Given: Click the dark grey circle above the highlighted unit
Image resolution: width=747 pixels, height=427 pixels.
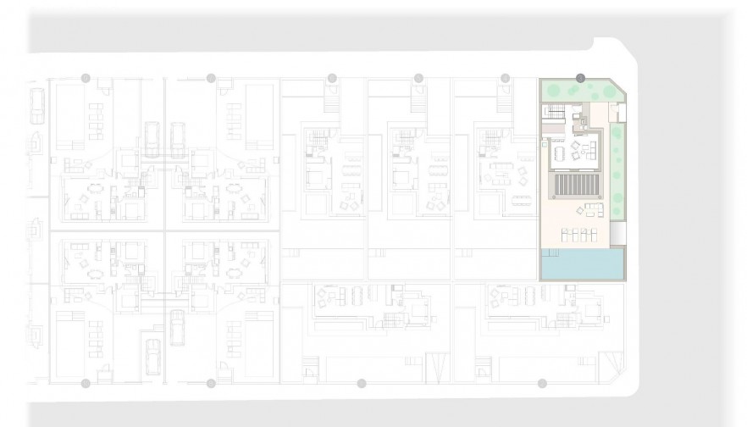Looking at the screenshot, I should click(580, 78).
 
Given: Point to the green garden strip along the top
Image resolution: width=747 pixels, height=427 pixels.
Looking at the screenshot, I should click(576, 90).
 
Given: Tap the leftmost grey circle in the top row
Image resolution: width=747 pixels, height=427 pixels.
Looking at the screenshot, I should click(86, 78).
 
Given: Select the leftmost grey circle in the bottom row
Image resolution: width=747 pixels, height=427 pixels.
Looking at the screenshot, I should click(86, 384).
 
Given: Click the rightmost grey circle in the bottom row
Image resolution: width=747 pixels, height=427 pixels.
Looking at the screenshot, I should click(542, 384).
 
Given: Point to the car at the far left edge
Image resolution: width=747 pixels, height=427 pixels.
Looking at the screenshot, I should click(36, 107).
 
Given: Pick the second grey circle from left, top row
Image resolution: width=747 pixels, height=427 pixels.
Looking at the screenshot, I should click(211, 78).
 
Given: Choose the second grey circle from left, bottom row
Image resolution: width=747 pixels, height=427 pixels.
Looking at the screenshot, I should click(211, 384).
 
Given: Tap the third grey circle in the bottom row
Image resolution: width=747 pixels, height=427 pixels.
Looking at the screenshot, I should click(362, 384).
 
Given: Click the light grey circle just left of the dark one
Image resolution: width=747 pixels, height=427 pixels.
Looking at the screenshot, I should click(505, 78).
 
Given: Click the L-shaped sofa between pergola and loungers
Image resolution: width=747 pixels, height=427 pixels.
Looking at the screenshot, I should click(586, 209).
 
